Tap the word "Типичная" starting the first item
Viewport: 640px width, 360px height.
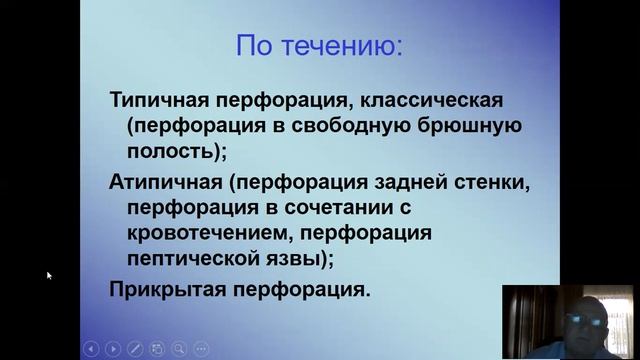155,101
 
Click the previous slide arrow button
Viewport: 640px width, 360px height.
91,349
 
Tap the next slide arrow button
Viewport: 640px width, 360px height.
113,349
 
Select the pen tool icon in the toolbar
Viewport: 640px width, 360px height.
135,349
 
